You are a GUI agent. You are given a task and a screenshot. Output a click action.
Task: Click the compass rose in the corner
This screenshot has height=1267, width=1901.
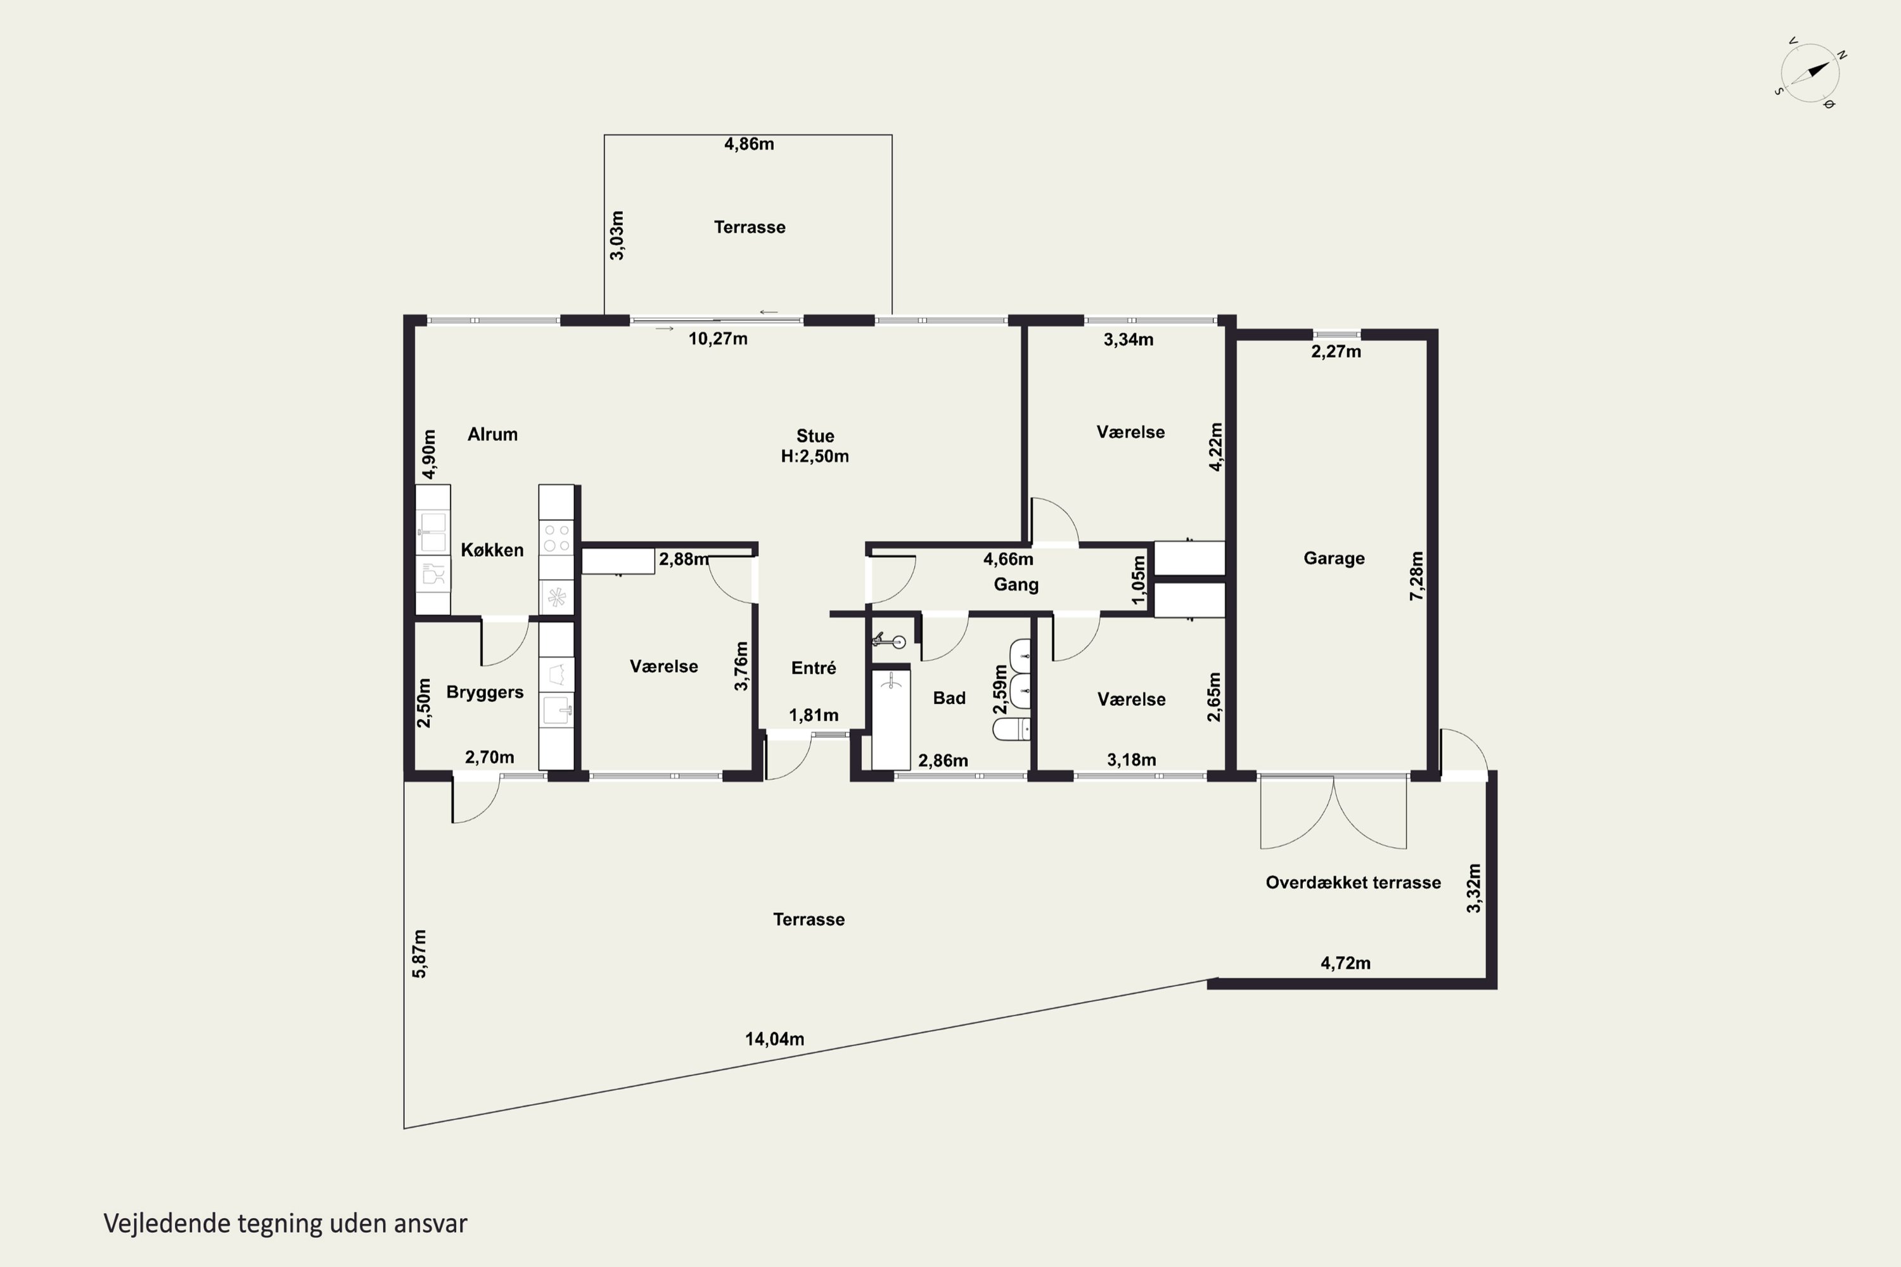[x=1810, y=73]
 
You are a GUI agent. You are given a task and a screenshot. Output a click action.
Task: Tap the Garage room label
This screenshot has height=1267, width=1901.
[x=1334, y=558]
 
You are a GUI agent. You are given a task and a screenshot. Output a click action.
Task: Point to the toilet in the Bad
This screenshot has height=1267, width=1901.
[x=1011, y=730]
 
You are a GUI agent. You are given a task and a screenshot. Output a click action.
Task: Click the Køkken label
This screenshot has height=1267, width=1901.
[x=492, y=551]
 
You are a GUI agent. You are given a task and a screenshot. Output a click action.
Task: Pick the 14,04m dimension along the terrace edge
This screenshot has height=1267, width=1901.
[x=774, y=1039]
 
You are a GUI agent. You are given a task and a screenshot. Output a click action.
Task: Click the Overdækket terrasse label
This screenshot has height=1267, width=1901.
[x=1353, y=882]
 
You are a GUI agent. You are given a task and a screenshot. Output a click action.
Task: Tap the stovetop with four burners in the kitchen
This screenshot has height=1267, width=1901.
[x=557, y=538]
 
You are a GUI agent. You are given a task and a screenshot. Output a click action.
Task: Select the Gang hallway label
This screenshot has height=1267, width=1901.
[x=1016, y=585]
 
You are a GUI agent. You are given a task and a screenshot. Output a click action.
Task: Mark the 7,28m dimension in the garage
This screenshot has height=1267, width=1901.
[x=1416, y=575]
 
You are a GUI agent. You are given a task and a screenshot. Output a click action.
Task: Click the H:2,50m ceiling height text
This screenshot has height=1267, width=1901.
[x=815, y=457]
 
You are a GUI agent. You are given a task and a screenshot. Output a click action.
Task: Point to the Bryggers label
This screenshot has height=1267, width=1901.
[x=485, y=692]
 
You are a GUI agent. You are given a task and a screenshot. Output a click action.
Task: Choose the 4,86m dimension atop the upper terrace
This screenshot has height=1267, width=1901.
[x=749, y=144]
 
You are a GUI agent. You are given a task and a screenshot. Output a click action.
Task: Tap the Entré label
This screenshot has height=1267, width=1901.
[x=814, y=668]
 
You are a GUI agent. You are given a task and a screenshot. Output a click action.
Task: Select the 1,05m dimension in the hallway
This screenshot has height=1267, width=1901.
[x=1139, y=580]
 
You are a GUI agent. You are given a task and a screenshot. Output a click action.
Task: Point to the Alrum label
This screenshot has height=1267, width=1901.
[x=492, y=435]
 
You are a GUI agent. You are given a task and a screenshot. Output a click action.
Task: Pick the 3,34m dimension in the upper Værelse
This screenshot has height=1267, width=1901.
[x=1129, y=340]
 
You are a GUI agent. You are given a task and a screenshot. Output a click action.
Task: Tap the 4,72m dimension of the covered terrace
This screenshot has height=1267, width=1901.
[x=1346, y=963]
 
